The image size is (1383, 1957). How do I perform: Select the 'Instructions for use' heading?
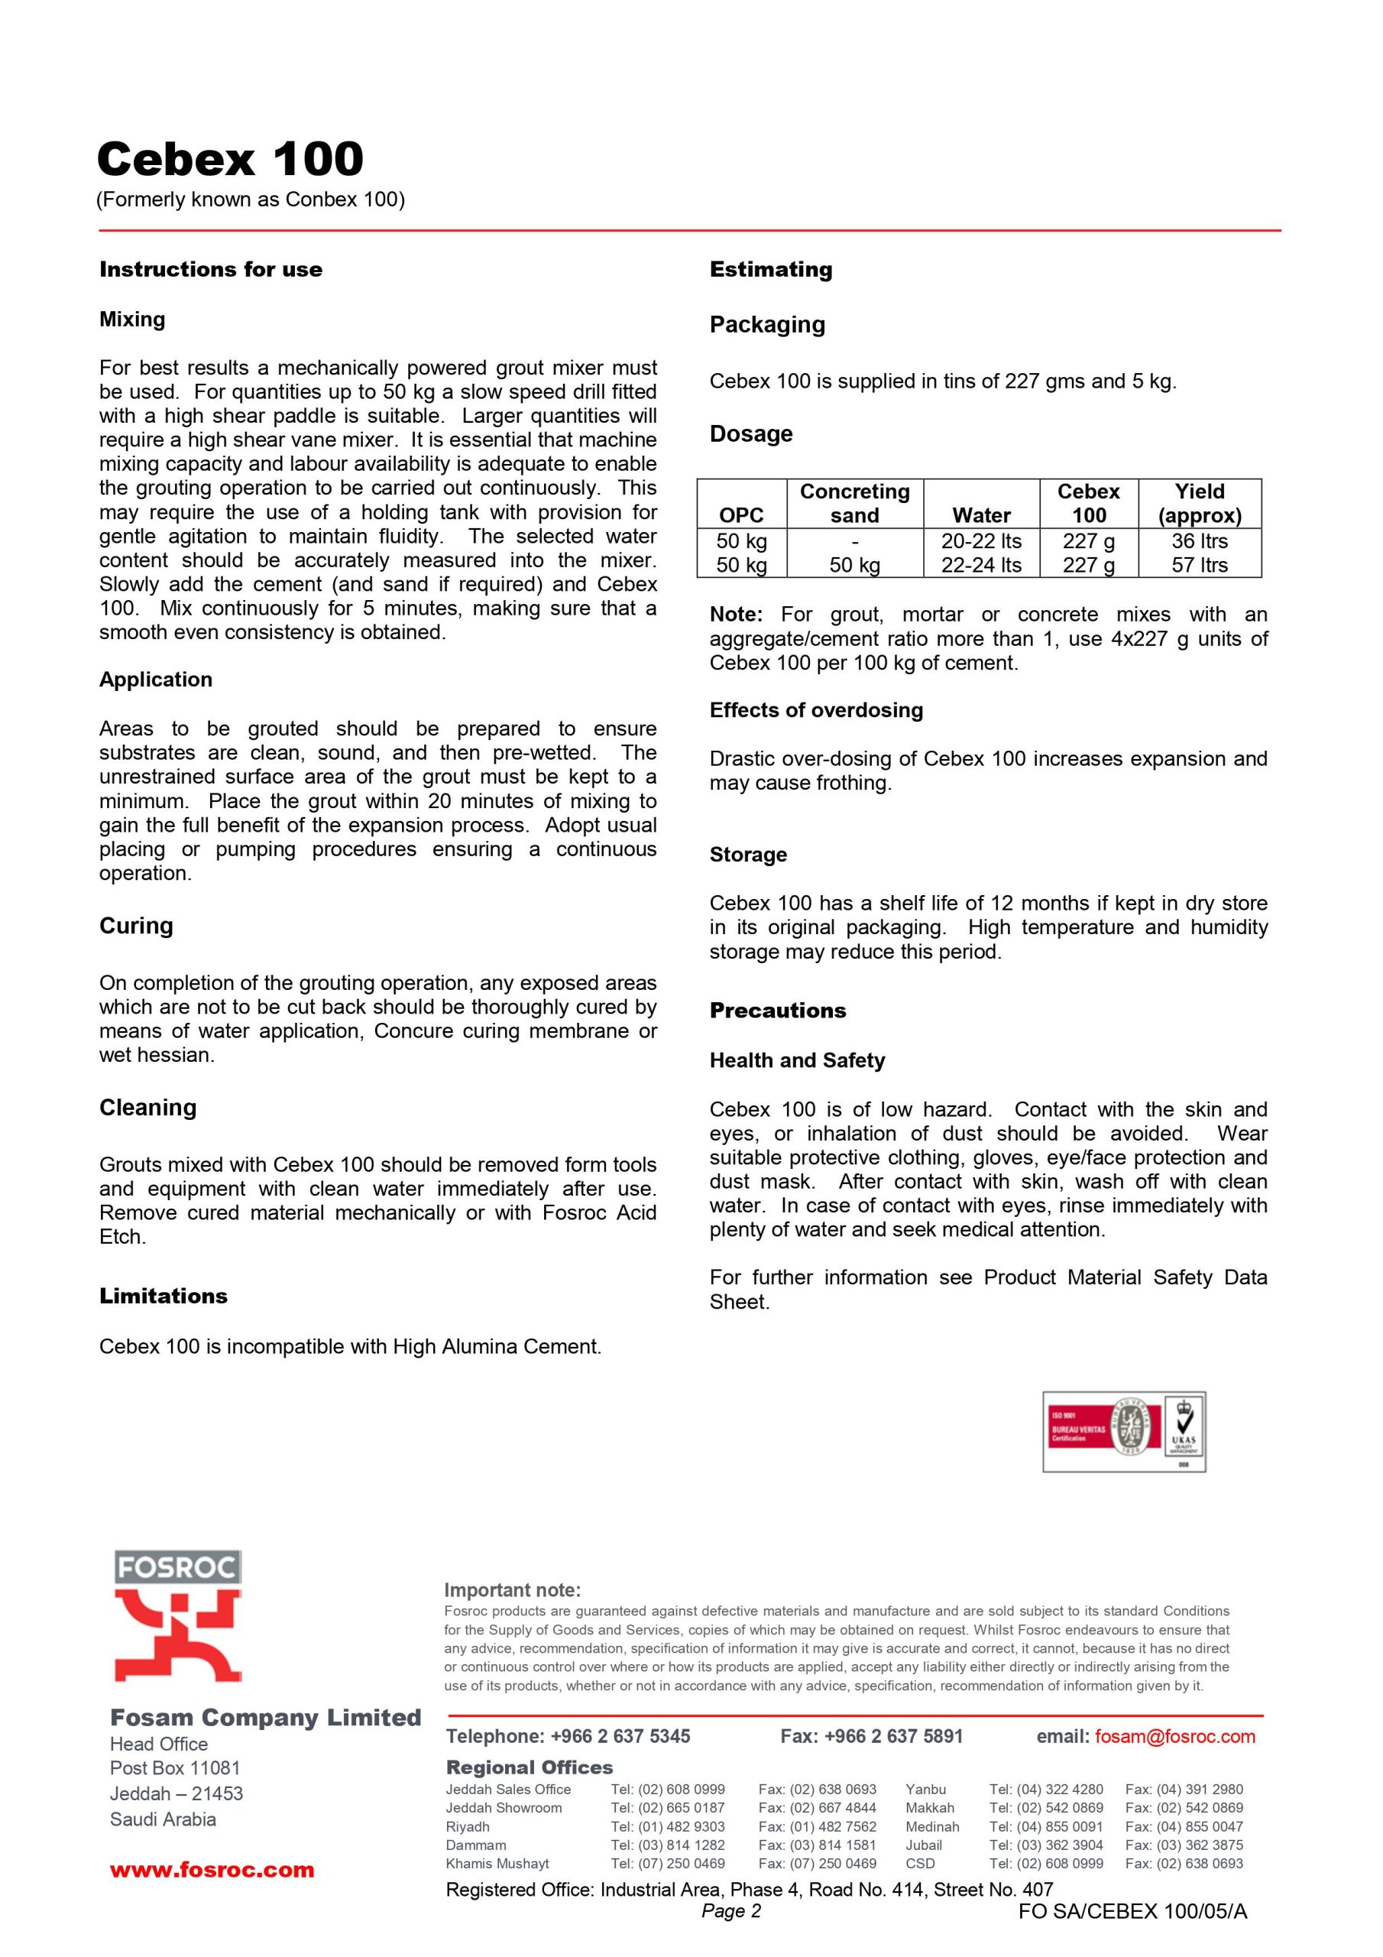pyautogui.click(x=210, y=269)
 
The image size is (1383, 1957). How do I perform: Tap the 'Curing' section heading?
pyautogui.click(x=135, y=926)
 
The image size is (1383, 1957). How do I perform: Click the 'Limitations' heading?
pyautogui.click(x=163, y=1297)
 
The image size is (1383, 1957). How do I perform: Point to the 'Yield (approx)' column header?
pyautogui.click(x=1199, y=503)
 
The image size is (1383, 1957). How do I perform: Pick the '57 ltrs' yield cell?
pyautogui.click(x=1199, y=565)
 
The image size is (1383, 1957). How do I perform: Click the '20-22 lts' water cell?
pyautogui.click(x=981, y=541)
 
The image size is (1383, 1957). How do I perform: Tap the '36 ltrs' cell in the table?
pyautogui.click(x=1199, y=541)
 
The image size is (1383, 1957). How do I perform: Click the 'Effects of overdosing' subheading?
pyautogui.click(x=815, y=710)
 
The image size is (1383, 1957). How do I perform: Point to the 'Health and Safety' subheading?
pyautogui.click(x=797, y=1060)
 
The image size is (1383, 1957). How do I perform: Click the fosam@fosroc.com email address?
pyautogui.click(x=1174, y=1736)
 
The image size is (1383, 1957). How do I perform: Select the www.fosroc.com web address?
pyautogui.click(x=212, y=1870)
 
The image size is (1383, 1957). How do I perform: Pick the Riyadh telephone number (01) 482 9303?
pyautogui.click(x=667, y=1826)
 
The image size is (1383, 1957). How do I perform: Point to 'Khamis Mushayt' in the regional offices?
pyautogui.click(x=497, y=1863)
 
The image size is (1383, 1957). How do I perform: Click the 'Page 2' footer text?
pyautogui.click(x=730, y=1911)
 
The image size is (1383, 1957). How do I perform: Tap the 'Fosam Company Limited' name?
pyautogui.click(x=265, y=1718)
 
